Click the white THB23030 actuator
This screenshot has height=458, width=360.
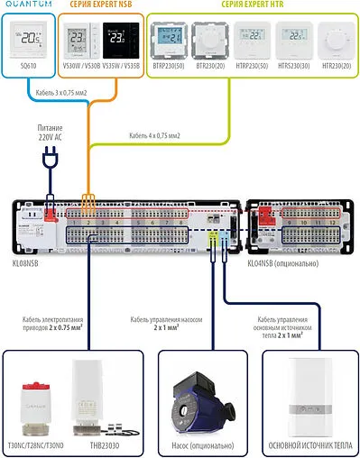coord(97,402)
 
